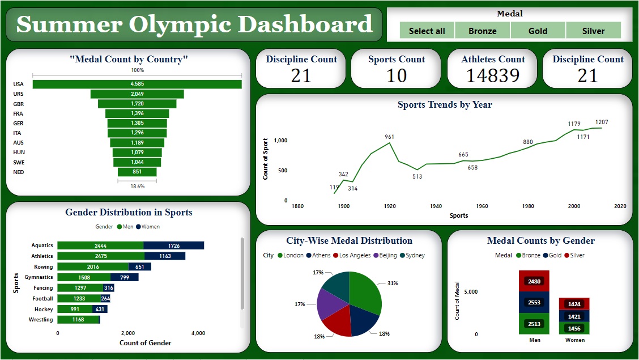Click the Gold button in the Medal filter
[538, 31]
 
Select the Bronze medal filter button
[482, 31]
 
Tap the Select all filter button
[427, 31]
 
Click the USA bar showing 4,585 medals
[137, 84]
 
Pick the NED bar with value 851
[137, 172]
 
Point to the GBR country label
[19, 104]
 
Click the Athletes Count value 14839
[492, 75]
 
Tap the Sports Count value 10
[396, 75]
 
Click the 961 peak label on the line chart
[389, 137]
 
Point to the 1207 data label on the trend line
[601, 122]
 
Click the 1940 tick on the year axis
[436, 206]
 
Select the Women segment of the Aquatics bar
[174, 245]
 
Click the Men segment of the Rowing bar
[93, 266]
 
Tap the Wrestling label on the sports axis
[41, 320]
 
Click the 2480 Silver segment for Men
[534, 281]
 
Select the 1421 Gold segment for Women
[574, 316]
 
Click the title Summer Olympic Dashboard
[194, 24]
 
